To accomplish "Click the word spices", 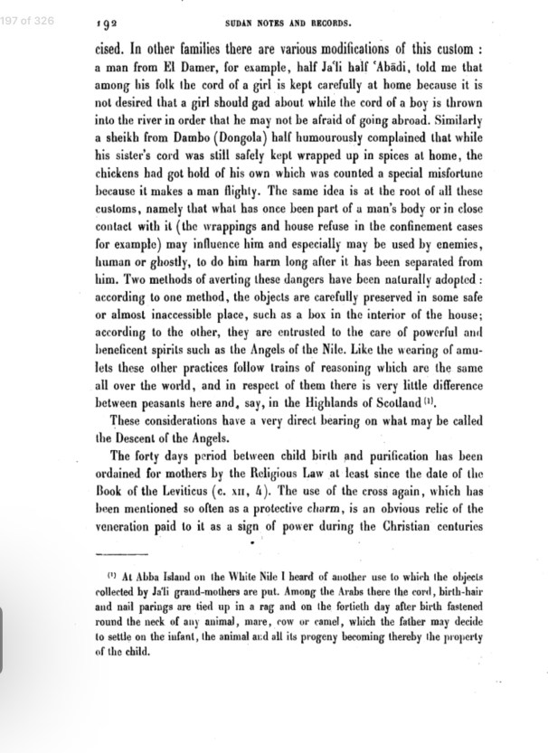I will point(391,180).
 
